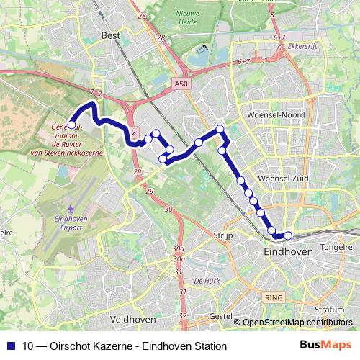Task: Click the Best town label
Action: click(x=111, y=35)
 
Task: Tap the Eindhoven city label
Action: click(x=288, y=253)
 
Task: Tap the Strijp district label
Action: click(x=220, y=235)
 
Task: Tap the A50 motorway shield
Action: click(x=181, y=84)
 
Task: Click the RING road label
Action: click(x=274, y=297)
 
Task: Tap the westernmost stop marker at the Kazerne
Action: click(x=71, y=125)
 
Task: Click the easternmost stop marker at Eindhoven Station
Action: click(x=288, y=235)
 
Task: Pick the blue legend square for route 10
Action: click(x=11, y=346)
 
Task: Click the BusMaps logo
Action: click(x=326, y=346)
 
